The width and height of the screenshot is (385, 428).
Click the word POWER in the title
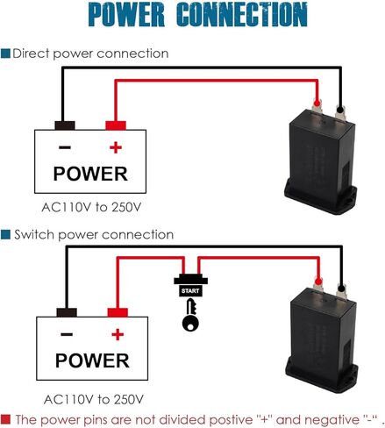coord(126,14)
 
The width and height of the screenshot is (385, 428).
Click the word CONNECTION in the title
coord(242,14)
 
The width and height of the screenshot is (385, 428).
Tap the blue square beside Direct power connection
coord(5,53)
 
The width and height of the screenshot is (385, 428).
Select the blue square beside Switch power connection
coord(5,234)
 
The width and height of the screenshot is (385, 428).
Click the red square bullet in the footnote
coord(5,419)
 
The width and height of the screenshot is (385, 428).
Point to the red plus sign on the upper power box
coord(116,147)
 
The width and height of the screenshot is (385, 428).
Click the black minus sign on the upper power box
coord(65,147)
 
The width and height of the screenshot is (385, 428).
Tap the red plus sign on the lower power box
coord(118,334)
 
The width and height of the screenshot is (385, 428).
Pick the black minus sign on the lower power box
coord(67,334)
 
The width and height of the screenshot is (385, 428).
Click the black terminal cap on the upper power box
coord(65,125)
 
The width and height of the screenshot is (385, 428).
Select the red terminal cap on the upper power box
coord(116,125)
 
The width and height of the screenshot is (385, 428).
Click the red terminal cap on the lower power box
coord(118,312)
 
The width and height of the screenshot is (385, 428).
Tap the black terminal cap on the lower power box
coord(67,312)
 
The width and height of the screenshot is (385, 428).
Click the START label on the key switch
coord(190,291)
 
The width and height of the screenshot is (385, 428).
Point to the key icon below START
coord(190,315)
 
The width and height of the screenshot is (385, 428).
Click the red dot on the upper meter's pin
coord(317,103)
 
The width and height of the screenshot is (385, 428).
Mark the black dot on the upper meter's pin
coord(339,110)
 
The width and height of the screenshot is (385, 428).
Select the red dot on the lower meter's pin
coord(317,282)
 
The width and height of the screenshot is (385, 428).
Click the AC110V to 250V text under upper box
coord(91,207)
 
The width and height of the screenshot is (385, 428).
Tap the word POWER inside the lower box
coord(92,360)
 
